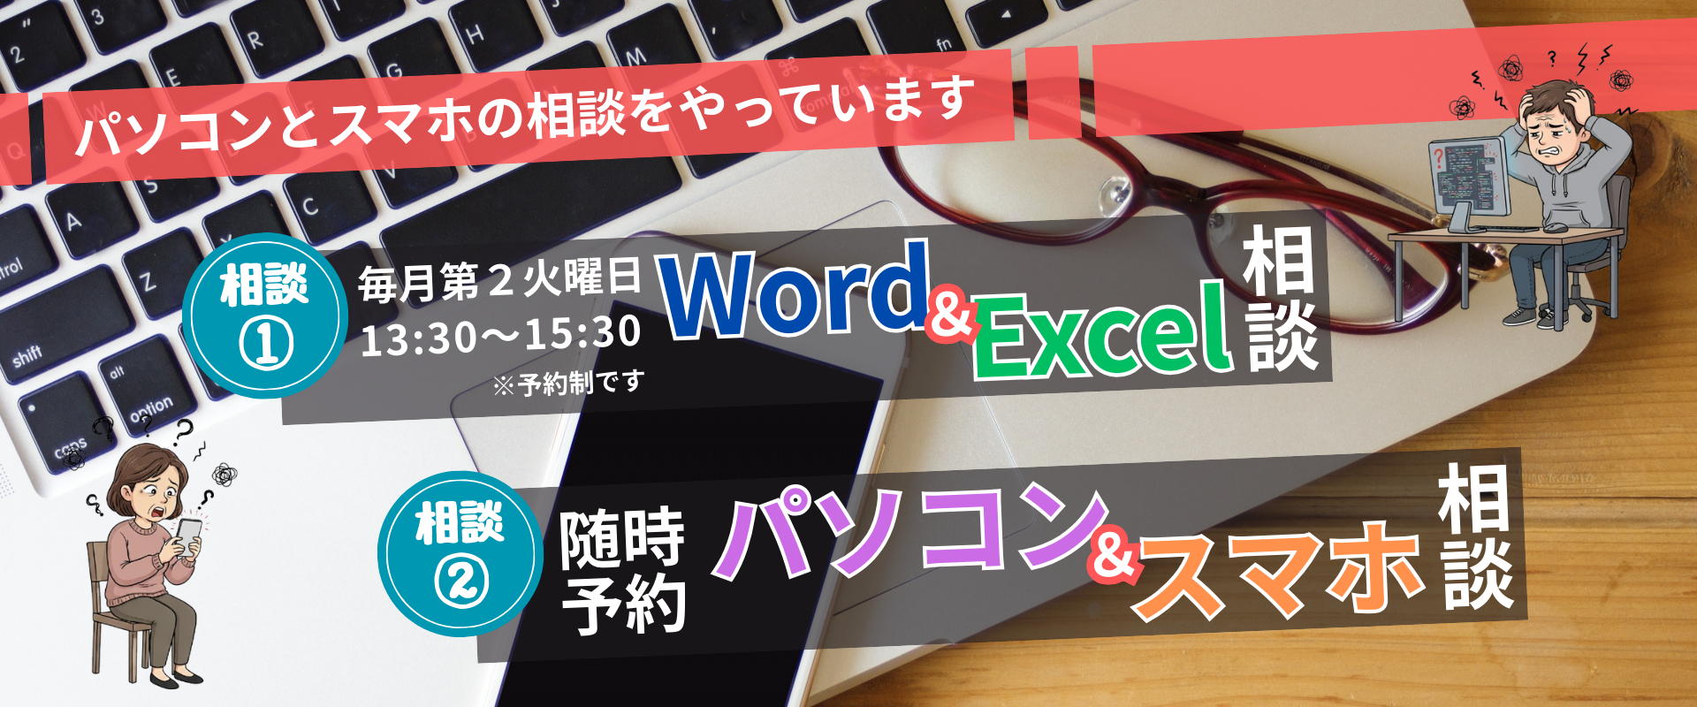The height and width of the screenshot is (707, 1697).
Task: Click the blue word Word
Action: click(x=793, y=290)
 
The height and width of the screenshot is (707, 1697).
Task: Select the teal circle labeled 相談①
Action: click(x=264, y=315)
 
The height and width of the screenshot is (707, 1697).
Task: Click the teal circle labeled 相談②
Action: click(x=460, y=553)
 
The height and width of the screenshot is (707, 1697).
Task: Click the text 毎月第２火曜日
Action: click(x=499, y=281)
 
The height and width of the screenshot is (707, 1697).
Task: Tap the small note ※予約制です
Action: click(x=568, y=384)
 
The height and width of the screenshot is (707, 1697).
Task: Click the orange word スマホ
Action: click(x=1279, y=569)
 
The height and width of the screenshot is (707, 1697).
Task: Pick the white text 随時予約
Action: click(x=624, y=571)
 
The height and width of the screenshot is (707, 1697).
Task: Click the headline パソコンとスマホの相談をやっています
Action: click(x=525, y=117)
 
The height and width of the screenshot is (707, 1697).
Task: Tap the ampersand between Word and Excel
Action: click(x=951, y=315)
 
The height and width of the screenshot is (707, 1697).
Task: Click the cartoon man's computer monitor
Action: click(x=1467, y=177)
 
